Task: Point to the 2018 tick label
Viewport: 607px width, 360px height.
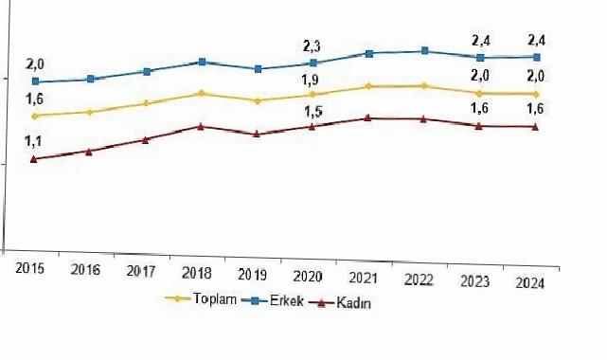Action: pyautogui.click(x=197, y=274)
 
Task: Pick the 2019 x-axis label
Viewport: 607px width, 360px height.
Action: pyautogui.click(x=254, y=275)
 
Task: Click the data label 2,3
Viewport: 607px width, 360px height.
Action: pyautogui.click(x=312, y=45)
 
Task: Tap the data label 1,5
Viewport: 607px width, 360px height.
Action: pyautogui.click(x=312, y=112)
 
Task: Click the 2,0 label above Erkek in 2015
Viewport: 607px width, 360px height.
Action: pyautogui.click(x=34, y=63)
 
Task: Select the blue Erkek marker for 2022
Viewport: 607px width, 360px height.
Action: pyautogui.click(x=423, y=50)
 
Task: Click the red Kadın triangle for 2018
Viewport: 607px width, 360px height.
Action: pyautogui.click(x=200, y=126)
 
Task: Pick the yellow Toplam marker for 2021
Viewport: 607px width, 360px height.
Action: pyautogui.click(x=367, y=86)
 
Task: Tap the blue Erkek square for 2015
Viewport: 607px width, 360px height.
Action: pyautogui.click(x=35, y=82)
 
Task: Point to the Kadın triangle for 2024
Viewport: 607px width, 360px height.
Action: pyautogui.click(x=535, y=127)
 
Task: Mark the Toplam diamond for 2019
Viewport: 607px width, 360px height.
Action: pyautogui.click(x=256, y=100)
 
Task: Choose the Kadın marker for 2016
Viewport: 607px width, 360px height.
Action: pyautogui.click(x=89, y=151)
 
